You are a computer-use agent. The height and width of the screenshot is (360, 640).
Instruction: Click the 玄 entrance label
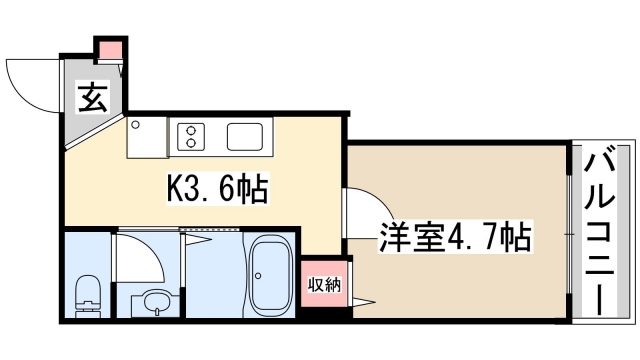click(92, 98)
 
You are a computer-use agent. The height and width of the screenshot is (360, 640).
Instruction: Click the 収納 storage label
click(324, 285)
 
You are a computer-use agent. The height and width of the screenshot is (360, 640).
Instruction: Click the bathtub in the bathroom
click(267, 276)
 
